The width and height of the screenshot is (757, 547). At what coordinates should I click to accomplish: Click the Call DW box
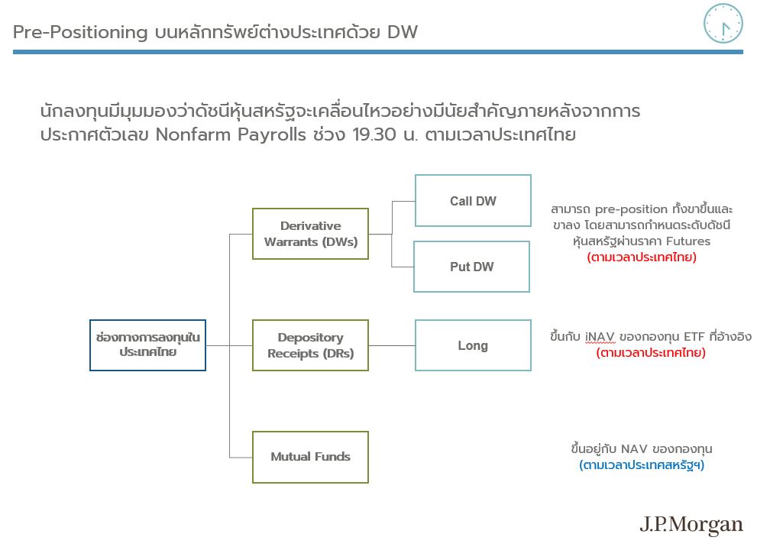coord(473,200)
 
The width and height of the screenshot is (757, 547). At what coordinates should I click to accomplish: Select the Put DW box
coord(471,267)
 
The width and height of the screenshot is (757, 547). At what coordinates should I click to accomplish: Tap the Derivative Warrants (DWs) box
coord(310,234)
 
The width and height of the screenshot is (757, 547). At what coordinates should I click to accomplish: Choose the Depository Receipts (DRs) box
coord(310,345)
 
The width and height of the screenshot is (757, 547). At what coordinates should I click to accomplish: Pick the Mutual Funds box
coord(310,457)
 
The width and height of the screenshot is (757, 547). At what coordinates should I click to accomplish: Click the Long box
coord(473,345)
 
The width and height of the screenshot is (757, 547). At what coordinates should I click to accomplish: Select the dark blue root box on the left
coord(147,345)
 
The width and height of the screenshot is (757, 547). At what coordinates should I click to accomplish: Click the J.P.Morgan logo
coord(691,525)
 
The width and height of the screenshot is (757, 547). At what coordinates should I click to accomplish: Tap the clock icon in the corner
coord(723,23)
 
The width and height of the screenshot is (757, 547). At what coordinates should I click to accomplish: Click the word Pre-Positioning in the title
coord(80,32)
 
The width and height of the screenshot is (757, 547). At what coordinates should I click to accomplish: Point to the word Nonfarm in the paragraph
coord(192,134)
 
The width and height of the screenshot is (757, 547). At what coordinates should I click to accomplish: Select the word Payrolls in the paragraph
coord(272,135)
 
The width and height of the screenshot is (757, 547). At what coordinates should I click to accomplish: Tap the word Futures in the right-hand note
coord(688,241)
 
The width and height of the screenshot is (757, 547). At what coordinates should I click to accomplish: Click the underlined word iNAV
coord(600,336)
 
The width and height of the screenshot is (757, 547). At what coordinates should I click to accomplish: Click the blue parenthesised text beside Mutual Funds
coord(642,465)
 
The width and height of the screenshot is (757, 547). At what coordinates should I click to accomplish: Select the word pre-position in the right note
coord(632,209)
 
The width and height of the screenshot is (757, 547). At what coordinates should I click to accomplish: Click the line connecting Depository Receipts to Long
coord(392,345)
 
